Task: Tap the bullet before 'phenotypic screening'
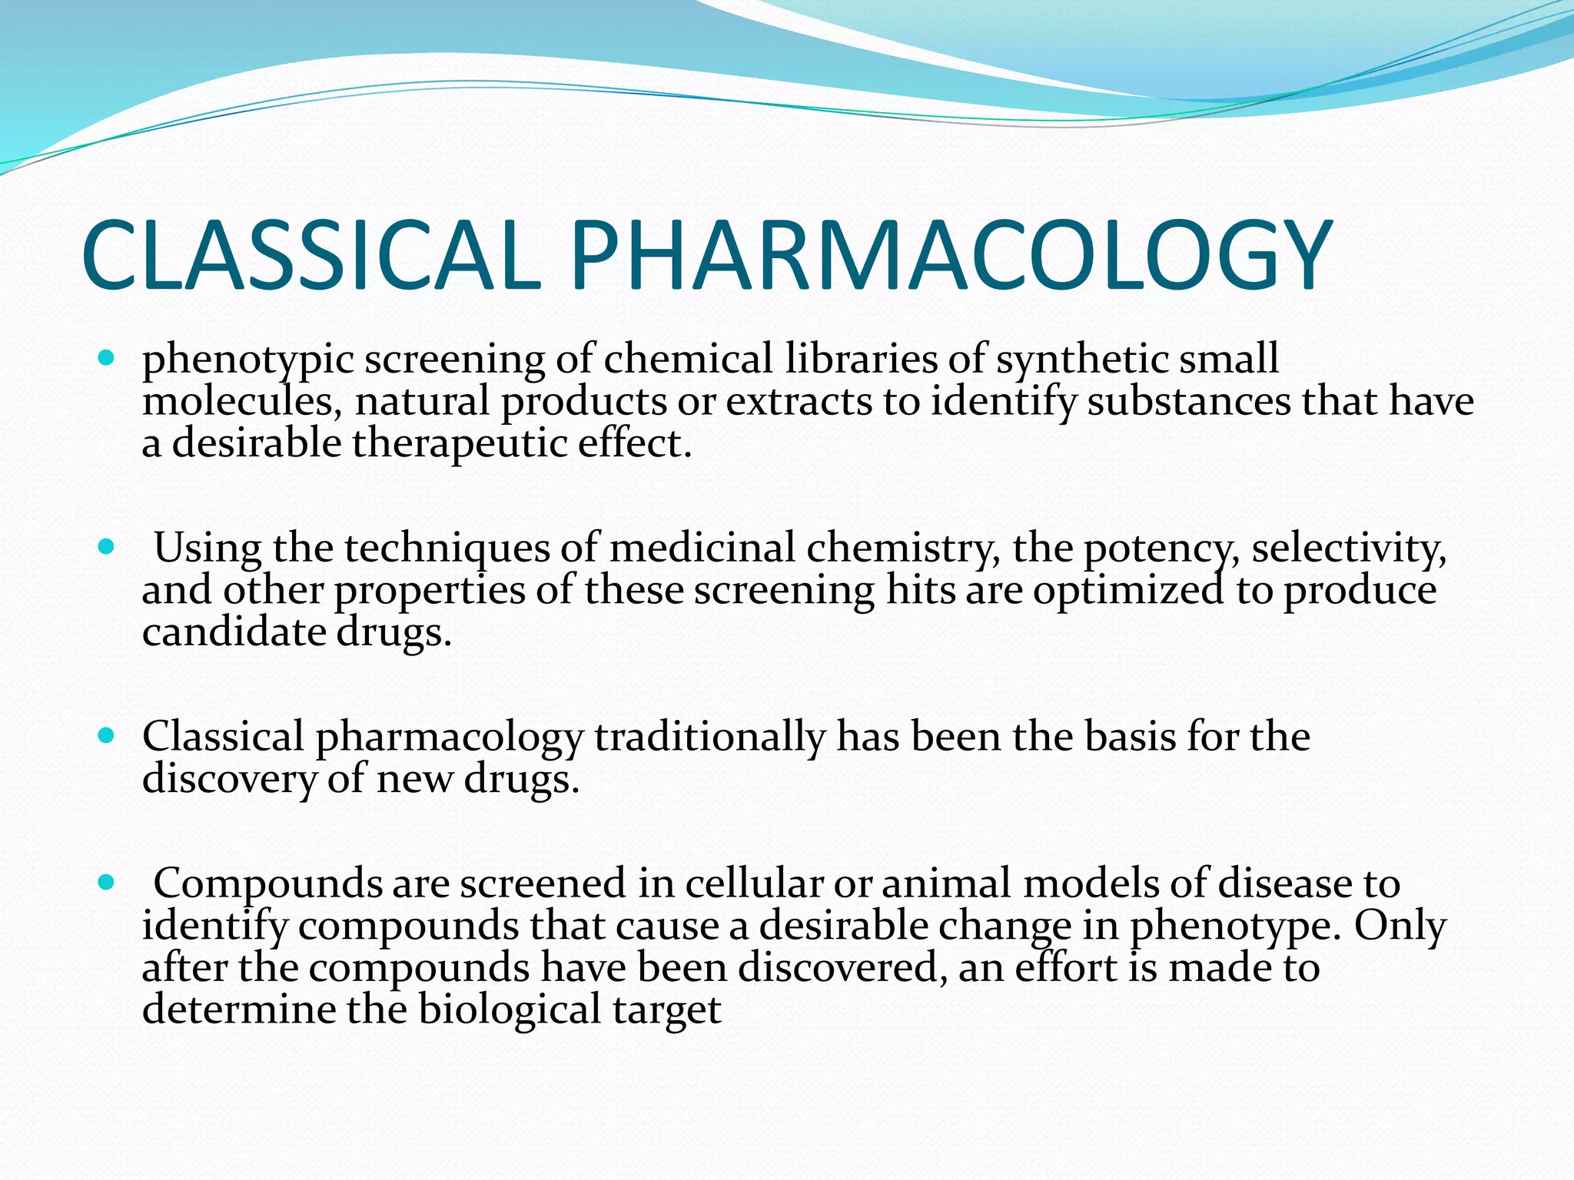point(107,358)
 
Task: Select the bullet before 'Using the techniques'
point(107,547)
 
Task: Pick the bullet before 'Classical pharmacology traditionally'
point(107,735)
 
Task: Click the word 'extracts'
point(799,403)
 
